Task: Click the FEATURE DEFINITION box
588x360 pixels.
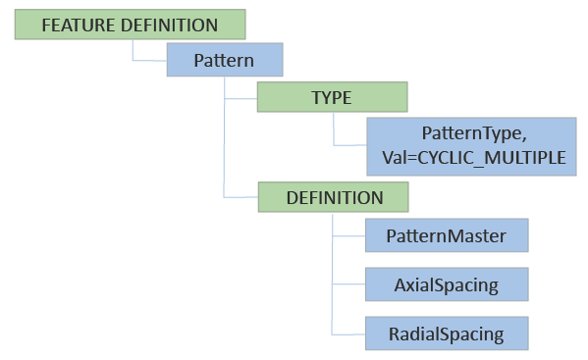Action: (x=130, y=24)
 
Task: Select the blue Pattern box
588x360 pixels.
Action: (x=225, y=61)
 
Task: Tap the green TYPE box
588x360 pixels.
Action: (x=332, y=98)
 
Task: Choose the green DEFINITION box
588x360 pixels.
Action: (x=334, y=197)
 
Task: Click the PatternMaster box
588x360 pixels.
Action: (x=446, y=235)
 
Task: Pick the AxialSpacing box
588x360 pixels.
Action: (x=446, y=285)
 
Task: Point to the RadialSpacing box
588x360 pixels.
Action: (x=446, y=334)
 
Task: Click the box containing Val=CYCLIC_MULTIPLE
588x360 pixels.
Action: (x=467, y=145)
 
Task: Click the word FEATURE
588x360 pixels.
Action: (x=73, y=24)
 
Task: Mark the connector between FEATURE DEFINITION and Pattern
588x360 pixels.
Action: (x=147, y=61)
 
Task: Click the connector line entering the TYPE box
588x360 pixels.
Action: (x=241, y=99)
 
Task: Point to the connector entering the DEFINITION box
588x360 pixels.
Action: (x=241, y=197)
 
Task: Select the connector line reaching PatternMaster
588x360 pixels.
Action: (x=348, y=235)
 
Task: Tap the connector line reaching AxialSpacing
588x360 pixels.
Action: (x=348, y=285)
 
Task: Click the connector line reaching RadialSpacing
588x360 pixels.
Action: (x=348, y=334)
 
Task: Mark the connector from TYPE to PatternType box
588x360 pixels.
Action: (x=348, y=145)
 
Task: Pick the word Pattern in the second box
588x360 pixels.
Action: (x=225, y=61)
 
